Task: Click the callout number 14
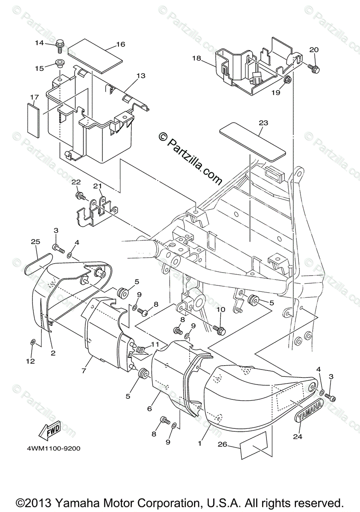[x=39, y=43]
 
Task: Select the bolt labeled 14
[x=60, y=44]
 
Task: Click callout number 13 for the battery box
[x=140, y=76]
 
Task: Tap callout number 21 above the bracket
[x=98, y=186]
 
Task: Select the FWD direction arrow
[x=52, y=431]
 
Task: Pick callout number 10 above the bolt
[x=220, y=309]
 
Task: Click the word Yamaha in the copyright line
[x=78, y=502]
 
